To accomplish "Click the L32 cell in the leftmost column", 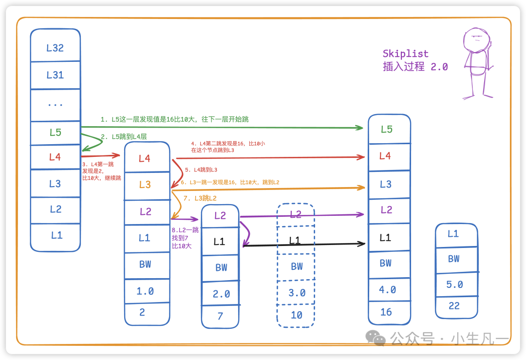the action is point(55,48).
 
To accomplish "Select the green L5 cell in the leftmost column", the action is point(55,133).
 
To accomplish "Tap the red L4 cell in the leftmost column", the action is point(55,157).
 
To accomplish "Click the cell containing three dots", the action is point(55,104).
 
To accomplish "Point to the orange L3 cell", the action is point(145,185).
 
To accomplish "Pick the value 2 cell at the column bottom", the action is point(142,313).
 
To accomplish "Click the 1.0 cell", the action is point(145,291).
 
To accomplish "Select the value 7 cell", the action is point(220,316).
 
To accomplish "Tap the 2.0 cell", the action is point(221,294).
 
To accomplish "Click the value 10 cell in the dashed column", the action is point(297,315).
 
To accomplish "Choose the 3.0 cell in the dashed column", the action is point(297,293).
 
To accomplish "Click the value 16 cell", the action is point(386,312).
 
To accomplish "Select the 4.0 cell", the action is point(388,290).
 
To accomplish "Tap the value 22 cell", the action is point(454,306).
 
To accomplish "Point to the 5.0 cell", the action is point(454,284).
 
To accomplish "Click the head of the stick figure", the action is point(475,39).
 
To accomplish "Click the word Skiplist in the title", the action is point(406,54).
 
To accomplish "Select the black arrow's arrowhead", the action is point(362,243).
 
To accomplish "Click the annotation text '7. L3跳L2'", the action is point(200,198).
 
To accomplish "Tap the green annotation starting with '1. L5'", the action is point(174,119).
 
